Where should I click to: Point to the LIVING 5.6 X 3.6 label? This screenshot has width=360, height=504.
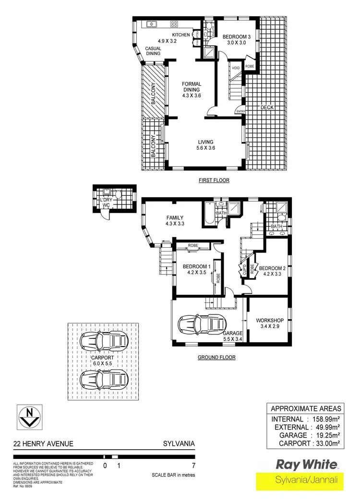[206, 145]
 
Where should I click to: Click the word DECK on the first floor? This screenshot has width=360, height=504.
[267, 108]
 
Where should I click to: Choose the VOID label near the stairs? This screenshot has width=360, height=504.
[236, 68]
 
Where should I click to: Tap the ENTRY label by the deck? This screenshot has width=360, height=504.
[240, 111]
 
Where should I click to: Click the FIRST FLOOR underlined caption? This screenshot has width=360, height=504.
[214, 180]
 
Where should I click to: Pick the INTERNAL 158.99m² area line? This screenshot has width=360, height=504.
[306, 419]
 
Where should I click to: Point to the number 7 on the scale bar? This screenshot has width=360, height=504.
[193, 465]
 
